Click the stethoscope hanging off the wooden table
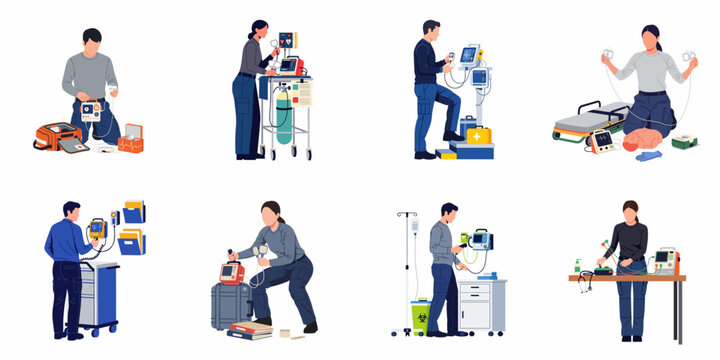pos(584,285)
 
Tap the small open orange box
pos(130,143)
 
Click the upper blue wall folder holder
pos(134,211)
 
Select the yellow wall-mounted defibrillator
pos(98,231)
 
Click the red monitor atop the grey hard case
pos(233,272)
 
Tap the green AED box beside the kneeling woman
pos(684,141)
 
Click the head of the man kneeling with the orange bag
pos(92,40)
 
